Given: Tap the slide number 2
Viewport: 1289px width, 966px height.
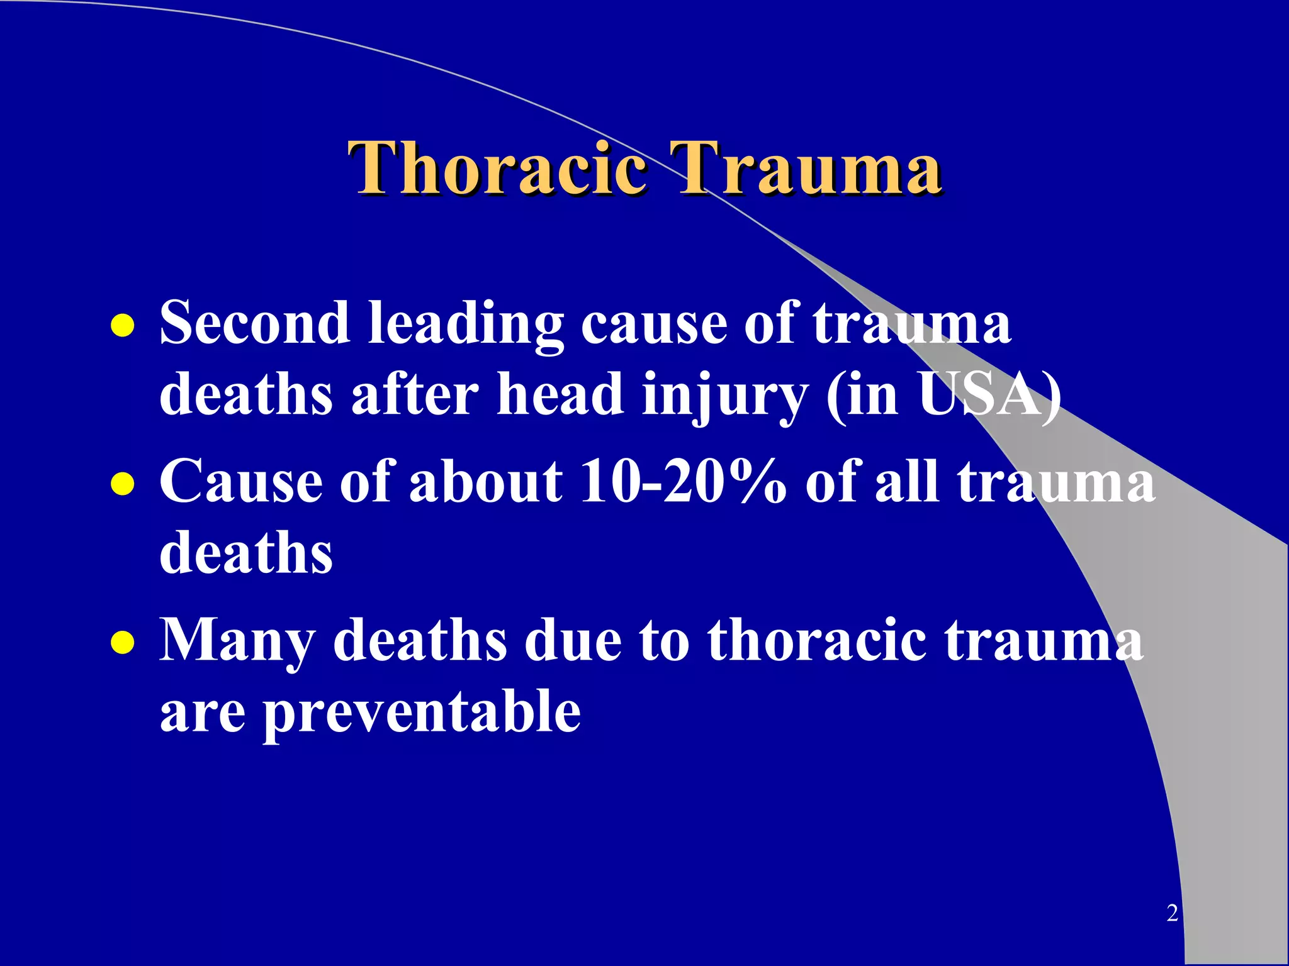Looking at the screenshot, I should [x=1172, y=913].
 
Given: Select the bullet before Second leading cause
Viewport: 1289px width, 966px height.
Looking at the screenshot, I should [x=122, y=326].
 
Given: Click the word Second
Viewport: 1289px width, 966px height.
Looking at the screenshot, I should [x=254, y=323].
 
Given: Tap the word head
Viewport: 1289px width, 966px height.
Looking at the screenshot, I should [x=560, y=394].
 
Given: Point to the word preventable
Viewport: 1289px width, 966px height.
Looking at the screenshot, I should [x=421, y=712].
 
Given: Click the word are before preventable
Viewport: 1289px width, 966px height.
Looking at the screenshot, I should [x=202, y=712].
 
